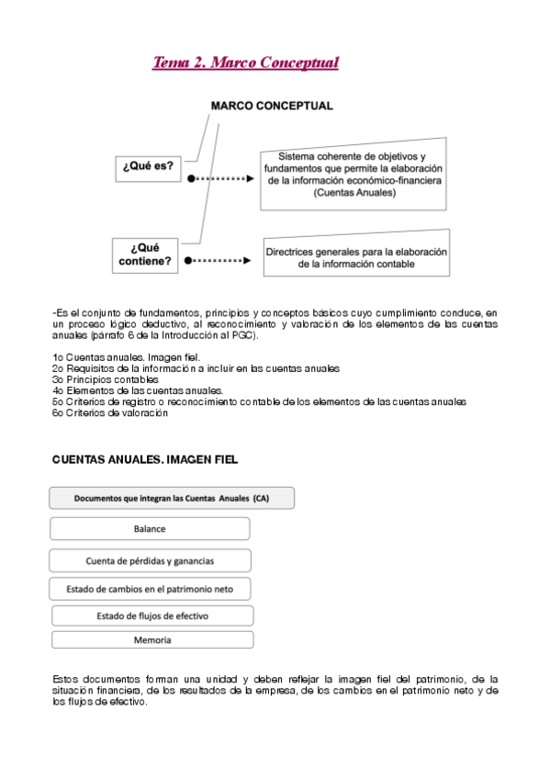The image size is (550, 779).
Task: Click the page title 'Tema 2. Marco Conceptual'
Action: (x=245, y=63)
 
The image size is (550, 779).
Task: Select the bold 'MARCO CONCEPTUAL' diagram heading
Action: (x=272, y=106)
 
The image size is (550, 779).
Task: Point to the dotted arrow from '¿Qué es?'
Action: (x=220, y=180)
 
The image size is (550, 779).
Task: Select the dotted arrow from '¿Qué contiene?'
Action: (x=220, y=260)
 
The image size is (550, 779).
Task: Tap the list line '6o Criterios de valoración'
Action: (x=110, y=412)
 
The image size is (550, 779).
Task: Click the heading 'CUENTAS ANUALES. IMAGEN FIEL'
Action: (x=145, y=458)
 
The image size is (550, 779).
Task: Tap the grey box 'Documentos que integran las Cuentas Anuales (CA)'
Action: (x=172, y=499)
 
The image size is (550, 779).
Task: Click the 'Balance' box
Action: (x=150, y=529)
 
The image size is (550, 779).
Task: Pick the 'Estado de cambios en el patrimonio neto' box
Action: (x=150, y=588)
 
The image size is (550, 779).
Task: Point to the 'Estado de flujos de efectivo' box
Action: (x=152, y=615)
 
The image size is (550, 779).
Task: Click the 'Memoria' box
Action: (x=152, y=639)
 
